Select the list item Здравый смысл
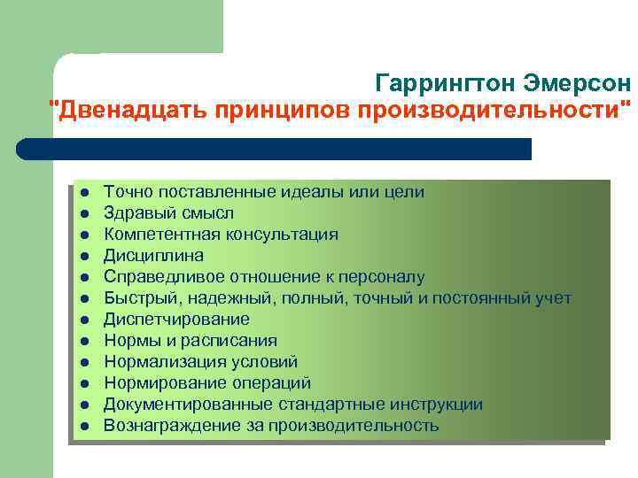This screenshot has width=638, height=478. pos(168,213)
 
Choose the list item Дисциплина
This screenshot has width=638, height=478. pos(153,256)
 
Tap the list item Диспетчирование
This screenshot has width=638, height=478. pos(176,320)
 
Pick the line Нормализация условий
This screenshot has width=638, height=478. pos(200,362)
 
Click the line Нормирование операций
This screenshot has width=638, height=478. pos(207,383)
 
